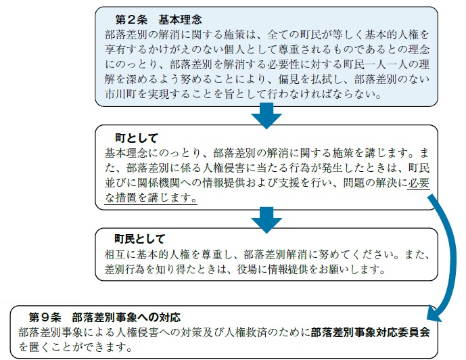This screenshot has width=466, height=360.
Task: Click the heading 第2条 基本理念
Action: point(158,20)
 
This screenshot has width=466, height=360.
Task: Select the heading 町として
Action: point(137,138)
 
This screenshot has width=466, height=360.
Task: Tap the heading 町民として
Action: point(140,239)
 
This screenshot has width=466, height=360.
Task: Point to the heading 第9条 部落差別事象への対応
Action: point(105,317)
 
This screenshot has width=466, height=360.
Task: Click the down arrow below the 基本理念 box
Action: point(266,115)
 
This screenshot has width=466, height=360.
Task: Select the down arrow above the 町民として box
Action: point(266,220)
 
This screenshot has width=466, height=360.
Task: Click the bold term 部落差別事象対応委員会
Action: point(371,332)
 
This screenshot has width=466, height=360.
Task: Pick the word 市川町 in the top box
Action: point(120,94)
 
